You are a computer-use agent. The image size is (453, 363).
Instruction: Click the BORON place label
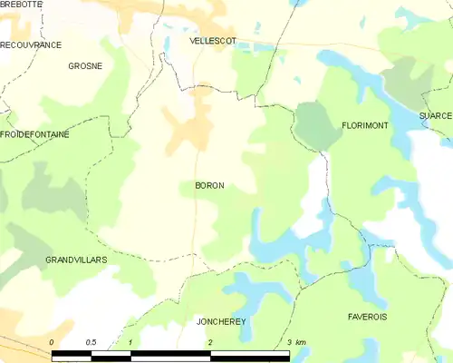[x=209, y=185]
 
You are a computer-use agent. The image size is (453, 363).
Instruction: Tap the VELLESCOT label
[x=213, y=42]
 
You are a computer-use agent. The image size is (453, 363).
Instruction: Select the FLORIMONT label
[x=365, y=125]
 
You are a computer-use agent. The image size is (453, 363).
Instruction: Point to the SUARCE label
[x=435, y=117]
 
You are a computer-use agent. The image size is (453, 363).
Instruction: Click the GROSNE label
[x=85, y=66]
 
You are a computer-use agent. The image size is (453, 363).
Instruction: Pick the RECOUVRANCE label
[x=31, y=44]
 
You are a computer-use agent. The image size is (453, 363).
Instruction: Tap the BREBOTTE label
[x=22, y=5]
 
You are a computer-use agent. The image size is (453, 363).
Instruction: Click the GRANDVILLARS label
[x=76, y=260]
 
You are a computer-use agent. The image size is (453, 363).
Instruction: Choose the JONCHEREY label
[x=221, y=321]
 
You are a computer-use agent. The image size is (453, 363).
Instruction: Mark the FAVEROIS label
[x=367, y=317]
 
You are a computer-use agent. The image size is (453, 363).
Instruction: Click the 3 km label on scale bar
[x=295, y=342]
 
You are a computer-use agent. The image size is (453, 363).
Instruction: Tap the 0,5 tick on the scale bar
[x=92, y=342]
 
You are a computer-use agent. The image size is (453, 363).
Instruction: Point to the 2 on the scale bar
[x=210, y=342]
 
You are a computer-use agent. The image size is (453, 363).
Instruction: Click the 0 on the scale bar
[x=53, y=342]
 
